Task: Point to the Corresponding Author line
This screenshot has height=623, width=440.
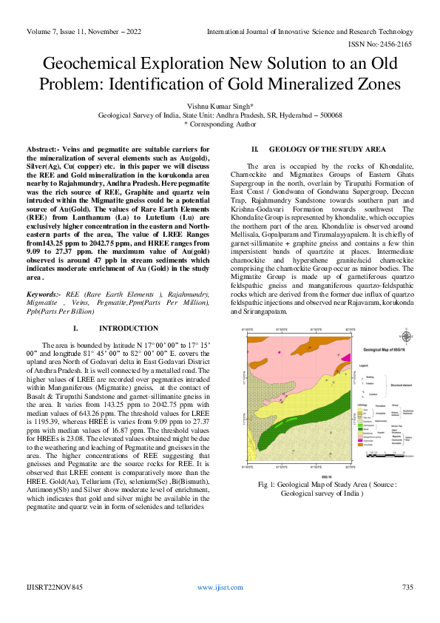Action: click(x=220, y=125)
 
